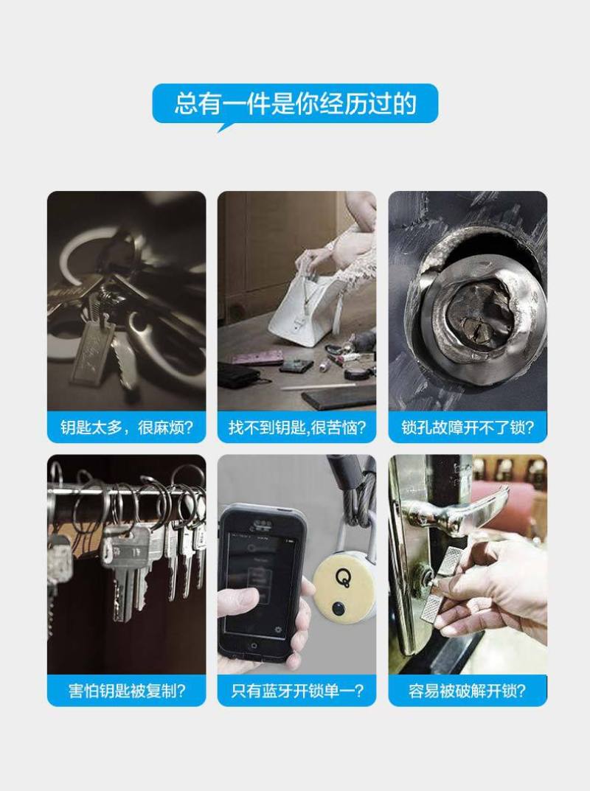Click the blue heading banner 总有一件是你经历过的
tap(295, 104)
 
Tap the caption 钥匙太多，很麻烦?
tap(126, 428)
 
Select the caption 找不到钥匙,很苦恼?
tap(296, 428)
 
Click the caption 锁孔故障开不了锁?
tap(468, 428)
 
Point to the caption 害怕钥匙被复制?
tap(127, 691)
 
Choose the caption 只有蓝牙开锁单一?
tap(296, 691)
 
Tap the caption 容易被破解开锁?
tap(468, 691)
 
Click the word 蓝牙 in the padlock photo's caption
tap(277, 691)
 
